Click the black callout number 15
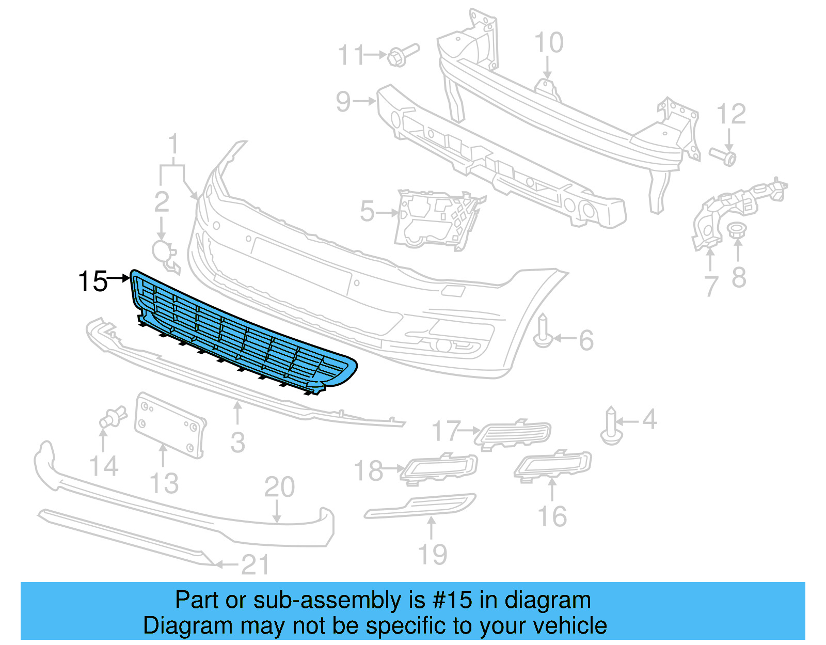[92, 282]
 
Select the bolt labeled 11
[402, 54]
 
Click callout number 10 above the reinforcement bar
[548, 43]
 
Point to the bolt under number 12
[723, 156]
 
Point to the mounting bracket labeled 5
[436, 220]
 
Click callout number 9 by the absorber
[343, 101]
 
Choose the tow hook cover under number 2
[164, 254]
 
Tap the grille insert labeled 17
[514, 434]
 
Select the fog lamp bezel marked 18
[440, 468]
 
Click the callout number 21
[256, 565]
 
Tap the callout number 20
[279, 487]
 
